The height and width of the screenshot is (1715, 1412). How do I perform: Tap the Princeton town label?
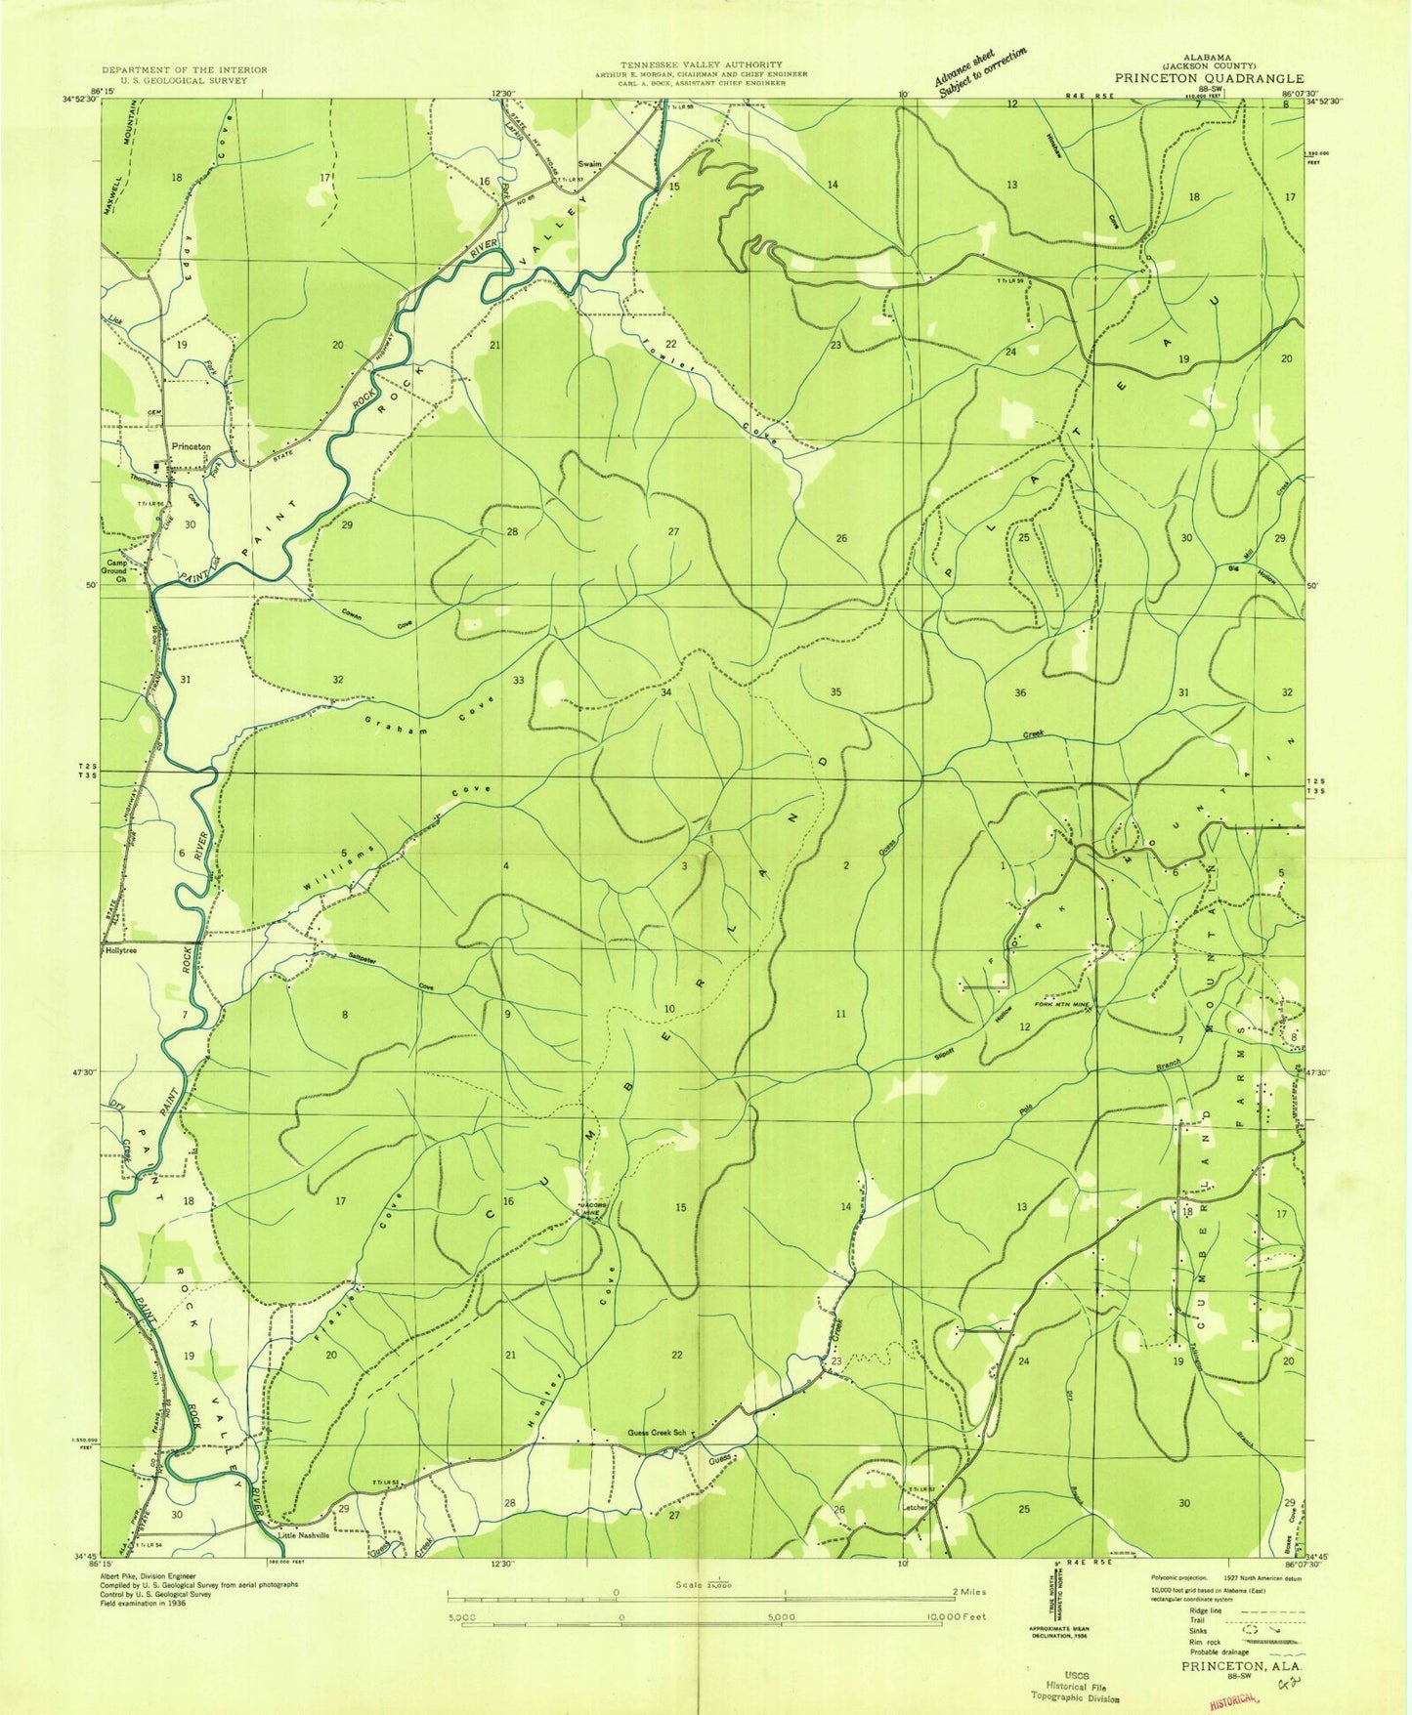click(x=191, y=446)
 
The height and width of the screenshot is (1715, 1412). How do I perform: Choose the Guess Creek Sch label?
click(x=659, y=1435)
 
